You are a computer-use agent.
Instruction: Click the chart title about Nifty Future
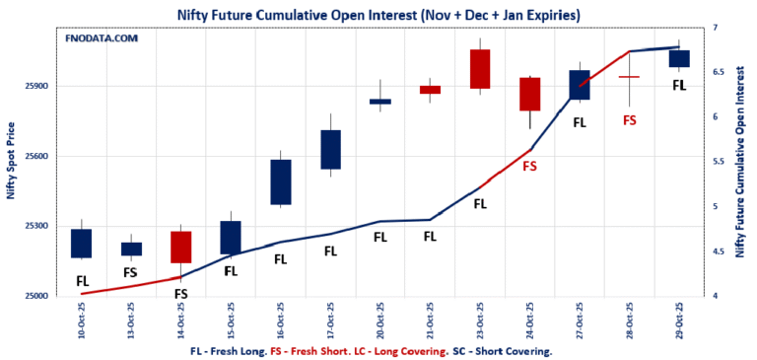tap(378, 15)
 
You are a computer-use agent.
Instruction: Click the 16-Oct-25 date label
tap(280, 321)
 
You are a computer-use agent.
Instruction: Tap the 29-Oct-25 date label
tap(679, 321)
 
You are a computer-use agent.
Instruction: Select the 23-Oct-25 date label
tap(480, 321)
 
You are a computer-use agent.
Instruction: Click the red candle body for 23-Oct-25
tap(480, 69)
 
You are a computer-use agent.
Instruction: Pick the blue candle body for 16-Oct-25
tap(280, 182)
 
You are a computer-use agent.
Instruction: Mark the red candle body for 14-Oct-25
tap(180, 247)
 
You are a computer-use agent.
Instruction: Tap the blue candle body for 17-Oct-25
tap(330, 149)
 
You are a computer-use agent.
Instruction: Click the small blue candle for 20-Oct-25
tap(380, 102)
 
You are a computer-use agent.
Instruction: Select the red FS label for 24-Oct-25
tap(530, 167)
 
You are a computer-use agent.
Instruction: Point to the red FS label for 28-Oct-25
tap(630, 120)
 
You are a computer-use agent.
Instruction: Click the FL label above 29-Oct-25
tap(679, 86)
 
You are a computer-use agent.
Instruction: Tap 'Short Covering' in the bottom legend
tap(512, 350)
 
